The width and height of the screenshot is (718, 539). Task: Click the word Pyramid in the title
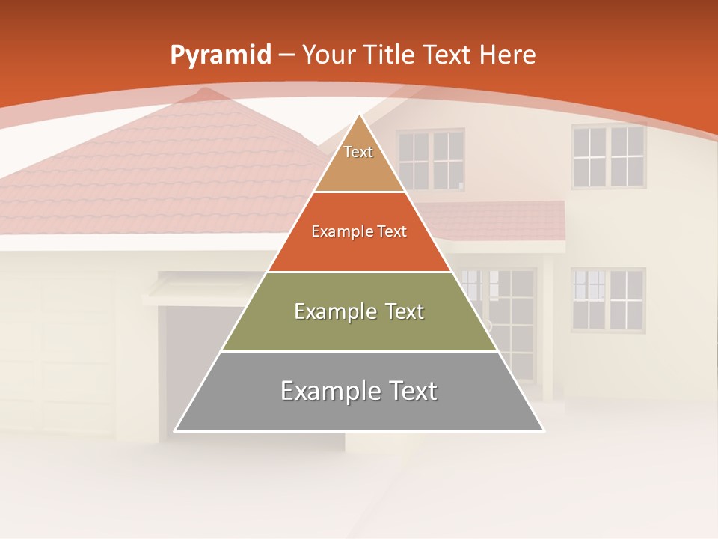pos(221,55)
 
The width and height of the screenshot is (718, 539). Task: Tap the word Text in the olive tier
pos(405,311)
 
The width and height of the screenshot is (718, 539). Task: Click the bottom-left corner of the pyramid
pos(175,431)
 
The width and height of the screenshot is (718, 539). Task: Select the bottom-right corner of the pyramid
pos(544,431)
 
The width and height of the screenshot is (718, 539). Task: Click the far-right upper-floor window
pos(608,156)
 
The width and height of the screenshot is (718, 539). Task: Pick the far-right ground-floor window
pos(608,299)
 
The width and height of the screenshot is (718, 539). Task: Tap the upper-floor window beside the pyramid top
pos(430,159)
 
